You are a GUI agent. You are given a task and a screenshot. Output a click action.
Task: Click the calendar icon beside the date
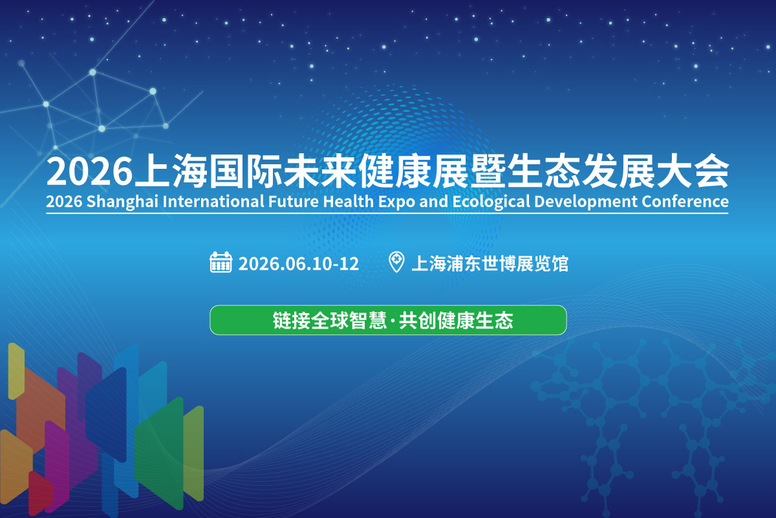click(x=221, y=263)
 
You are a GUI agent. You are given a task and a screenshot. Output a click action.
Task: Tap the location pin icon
click(x=396, y=262)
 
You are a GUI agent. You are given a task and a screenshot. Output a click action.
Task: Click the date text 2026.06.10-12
click(x=299, y=264)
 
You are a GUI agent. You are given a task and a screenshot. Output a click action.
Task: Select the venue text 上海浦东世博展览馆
click(x=490, y=263)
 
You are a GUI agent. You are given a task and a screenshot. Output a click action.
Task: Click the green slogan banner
click(x=388, y=320)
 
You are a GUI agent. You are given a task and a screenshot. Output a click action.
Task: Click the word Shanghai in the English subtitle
click(x=122, y=202)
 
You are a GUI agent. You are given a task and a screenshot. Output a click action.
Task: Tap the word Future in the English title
click(x=294, y=201)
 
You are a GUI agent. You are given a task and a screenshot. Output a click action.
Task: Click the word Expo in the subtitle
click(x=396, y=202)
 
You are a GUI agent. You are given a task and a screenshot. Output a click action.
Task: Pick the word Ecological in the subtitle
click(x=491, y=202)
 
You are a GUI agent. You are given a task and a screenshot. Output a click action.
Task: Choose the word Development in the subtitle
click(x=585, y=202)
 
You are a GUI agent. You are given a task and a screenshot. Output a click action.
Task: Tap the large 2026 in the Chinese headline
click(x=90, y=171)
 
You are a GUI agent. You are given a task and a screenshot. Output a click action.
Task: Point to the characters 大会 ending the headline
click(x=692, y=171)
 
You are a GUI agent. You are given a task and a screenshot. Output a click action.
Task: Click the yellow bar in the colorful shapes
click(x=16, y=371)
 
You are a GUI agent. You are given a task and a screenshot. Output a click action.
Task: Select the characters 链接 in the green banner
click(x=292, y=320)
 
